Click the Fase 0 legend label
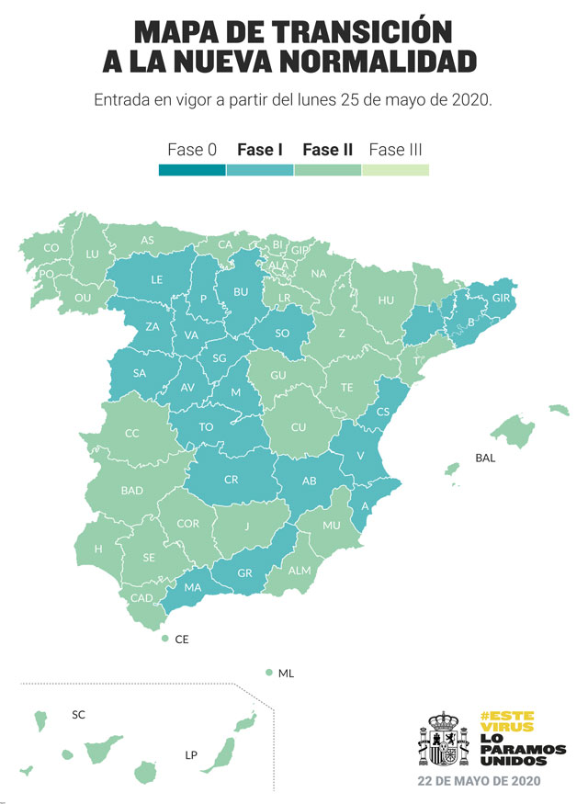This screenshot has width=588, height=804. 192,149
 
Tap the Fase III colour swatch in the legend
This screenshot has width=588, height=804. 395,170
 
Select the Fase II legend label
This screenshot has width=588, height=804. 327,149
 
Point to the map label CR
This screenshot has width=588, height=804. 232,480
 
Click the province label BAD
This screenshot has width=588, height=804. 131,491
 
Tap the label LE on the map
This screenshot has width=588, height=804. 157,279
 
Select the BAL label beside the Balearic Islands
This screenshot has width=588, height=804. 485,458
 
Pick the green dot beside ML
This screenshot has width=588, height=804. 268,674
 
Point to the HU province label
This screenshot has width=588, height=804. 386,300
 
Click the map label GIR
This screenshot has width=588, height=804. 502,299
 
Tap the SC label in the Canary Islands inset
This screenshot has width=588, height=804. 78,714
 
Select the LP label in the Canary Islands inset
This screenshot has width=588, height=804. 191,755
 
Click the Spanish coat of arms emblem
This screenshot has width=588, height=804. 443,740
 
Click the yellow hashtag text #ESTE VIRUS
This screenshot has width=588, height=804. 506,721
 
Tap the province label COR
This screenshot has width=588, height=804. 188,524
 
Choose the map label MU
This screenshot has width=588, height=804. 331,526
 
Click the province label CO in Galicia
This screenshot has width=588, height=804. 51,248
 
